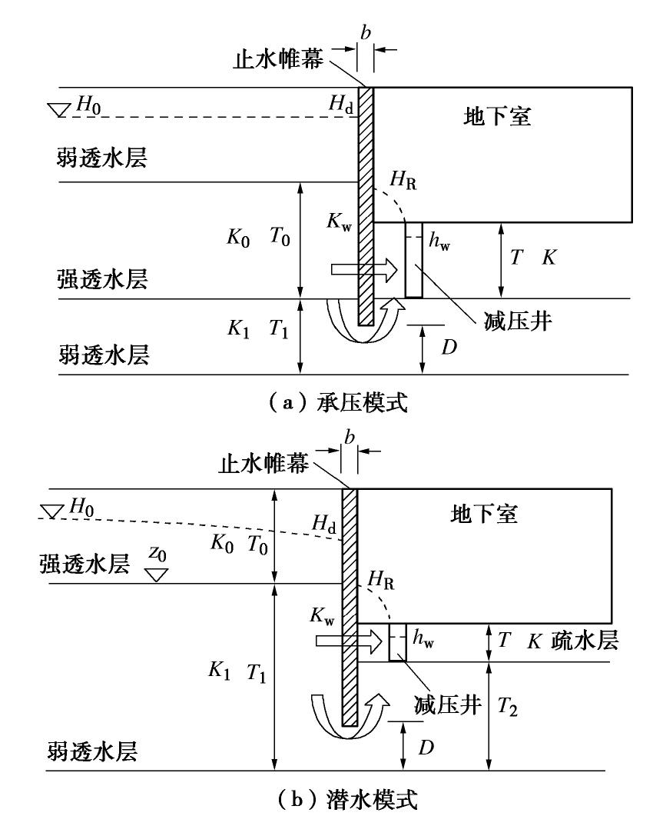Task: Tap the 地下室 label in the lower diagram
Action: click(484, 515)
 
